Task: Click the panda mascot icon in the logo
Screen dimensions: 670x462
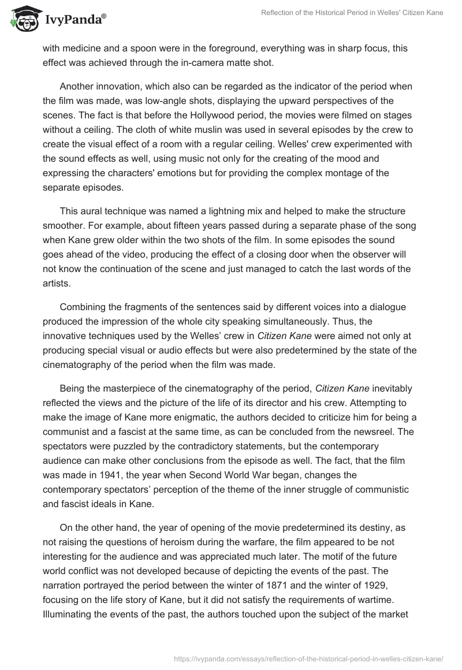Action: tap(21, 18)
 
